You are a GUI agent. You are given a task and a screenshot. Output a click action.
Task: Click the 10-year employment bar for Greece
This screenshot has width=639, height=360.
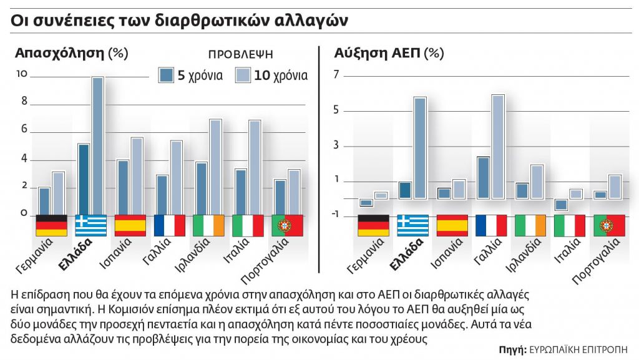pyautogui.click(x=97, y=145)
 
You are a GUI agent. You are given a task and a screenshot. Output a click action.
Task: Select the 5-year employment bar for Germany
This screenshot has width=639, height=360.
pyautogui.click(x=44, y=200)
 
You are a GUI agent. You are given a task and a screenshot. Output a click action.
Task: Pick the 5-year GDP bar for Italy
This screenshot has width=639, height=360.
pyautogui.click(x=561, y=204)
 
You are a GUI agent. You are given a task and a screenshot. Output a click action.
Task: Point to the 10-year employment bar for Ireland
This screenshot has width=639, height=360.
pyautogui.click(x=215, y=166)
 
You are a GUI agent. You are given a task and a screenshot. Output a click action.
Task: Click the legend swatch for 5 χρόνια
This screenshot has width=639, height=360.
pyautogui.click(x=167, y=75)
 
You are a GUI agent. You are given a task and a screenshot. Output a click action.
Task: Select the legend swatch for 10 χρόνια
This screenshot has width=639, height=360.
pyautogui.click(x=243, y=75)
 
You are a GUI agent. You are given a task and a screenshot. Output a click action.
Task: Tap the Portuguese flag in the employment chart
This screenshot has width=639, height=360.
pyautogui.click(x=287, y=225)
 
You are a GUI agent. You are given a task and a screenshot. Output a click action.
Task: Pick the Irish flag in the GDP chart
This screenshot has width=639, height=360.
pyautogui.click(x=530, y=225)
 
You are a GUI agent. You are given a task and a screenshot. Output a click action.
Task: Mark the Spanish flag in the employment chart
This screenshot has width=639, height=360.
pyautogui.click(x=130, y=225)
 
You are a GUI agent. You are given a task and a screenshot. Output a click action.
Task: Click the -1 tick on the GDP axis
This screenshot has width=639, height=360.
pyautogui.click(x=335, y=215)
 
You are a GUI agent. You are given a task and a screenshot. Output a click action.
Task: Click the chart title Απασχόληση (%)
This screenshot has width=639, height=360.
pyautogui.click(x=71, y=53)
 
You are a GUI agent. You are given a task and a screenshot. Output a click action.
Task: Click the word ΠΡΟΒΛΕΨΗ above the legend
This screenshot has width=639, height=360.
pyautogui.click(x=240, y=55)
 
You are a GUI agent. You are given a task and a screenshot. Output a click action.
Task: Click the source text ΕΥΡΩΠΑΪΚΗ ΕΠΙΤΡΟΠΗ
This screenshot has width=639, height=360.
pyautogui.click(x=577, y=349)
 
